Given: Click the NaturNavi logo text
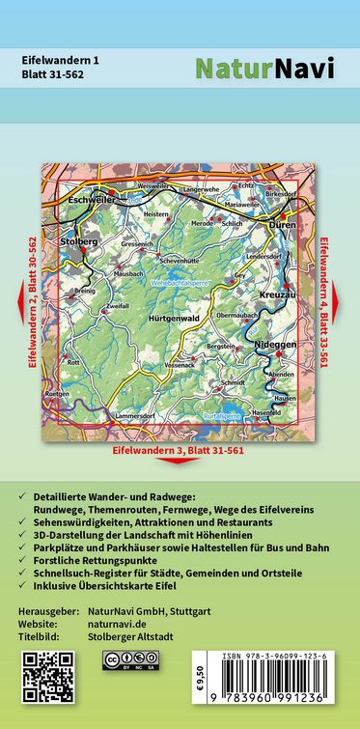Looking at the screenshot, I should [x=264, y=68].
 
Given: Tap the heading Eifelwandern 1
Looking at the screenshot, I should [x=60, y=60].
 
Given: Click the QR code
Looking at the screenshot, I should [x=48, y=676].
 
